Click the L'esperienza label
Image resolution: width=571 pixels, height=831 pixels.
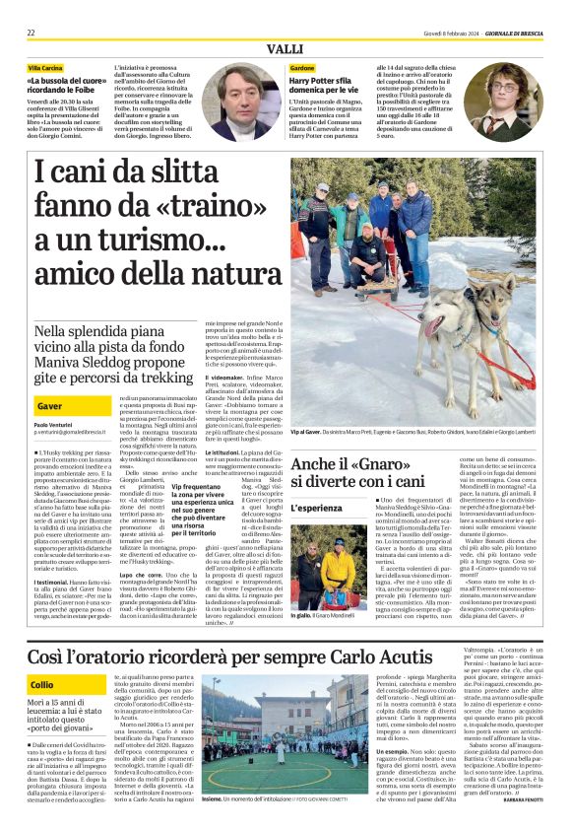(318, 507)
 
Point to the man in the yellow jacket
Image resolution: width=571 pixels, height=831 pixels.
(340, 563)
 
